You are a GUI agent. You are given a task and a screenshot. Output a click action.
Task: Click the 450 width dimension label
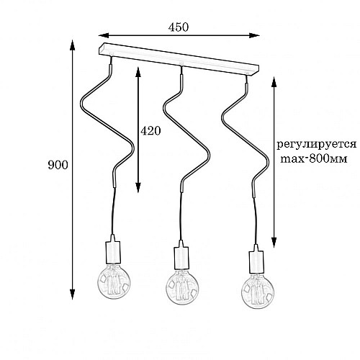click(x=179, y=27)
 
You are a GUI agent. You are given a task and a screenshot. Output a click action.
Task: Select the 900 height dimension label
click(x=58, y=165)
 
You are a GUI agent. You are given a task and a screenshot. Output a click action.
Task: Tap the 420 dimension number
click(x=150, y=131)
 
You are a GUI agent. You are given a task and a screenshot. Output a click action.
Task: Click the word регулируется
click(x=316, y=145)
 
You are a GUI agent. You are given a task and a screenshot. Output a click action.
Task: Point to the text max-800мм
click(x=314, y=158)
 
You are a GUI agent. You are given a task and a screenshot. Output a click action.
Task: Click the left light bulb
click(x=114, y=282)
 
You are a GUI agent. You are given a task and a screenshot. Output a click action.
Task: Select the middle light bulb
click(x=183, y=289)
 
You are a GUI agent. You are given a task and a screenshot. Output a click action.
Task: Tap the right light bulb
click(x=258, y=292)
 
